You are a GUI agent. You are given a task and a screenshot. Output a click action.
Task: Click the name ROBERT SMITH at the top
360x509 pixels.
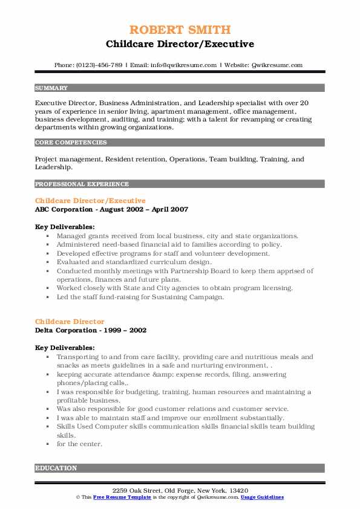point(180,30)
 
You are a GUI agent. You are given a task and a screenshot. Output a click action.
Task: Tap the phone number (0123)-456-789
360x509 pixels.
point(100,65)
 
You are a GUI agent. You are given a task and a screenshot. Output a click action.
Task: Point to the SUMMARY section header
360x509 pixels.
point(51,88)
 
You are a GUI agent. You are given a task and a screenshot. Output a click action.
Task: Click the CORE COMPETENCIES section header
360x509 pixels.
point(71,143)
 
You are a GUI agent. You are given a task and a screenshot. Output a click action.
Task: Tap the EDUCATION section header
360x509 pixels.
point(56,468)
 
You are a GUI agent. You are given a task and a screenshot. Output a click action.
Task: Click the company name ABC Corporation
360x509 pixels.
point(66,210)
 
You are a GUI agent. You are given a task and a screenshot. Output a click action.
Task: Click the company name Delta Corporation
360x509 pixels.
point(68,331)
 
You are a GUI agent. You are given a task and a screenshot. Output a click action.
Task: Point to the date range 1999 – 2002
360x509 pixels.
point(125,331)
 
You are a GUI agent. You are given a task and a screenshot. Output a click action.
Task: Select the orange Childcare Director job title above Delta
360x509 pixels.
point(70,322)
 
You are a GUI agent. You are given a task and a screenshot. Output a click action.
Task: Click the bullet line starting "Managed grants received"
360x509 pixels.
point(177,236)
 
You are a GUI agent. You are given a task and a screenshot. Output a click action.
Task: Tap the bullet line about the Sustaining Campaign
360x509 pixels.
point(140,297)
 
